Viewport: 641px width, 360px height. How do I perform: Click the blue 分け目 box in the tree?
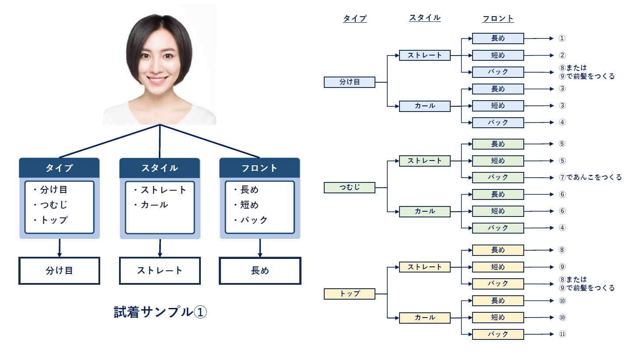349,82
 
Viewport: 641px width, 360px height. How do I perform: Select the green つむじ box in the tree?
349,188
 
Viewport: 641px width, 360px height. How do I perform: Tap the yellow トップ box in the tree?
349,294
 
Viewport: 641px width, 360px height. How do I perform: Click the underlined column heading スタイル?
424,18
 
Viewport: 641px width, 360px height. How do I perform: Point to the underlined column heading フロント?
497,18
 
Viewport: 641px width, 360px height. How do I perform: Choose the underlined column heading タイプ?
354,18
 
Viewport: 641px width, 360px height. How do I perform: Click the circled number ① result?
562,38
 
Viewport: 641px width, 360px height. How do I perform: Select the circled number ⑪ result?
562,334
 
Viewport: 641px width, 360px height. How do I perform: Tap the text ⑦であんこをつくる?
590,177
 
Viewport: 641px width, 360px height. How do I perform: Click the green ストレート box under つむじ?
424,161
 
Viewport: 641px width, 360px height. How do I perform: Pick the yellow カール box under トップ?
424,318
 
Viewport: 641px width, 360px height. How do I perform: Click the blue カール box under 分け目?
424,106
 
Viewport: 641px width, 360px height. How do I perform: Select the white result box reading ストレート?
160,271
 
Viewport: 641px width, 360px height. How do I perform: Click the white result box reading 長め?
260,271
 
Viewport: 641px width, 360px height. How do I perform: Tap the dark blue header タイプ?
60,168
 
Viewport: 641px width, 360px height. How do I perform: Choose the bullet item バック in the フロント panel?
253,220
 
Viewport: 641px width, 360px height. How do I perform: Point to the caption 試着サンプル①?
160,312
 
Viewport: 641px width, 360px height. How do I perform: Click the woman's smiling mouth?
158,80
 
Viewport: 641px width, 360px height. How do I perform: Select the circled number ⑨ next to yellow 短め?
562,267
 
